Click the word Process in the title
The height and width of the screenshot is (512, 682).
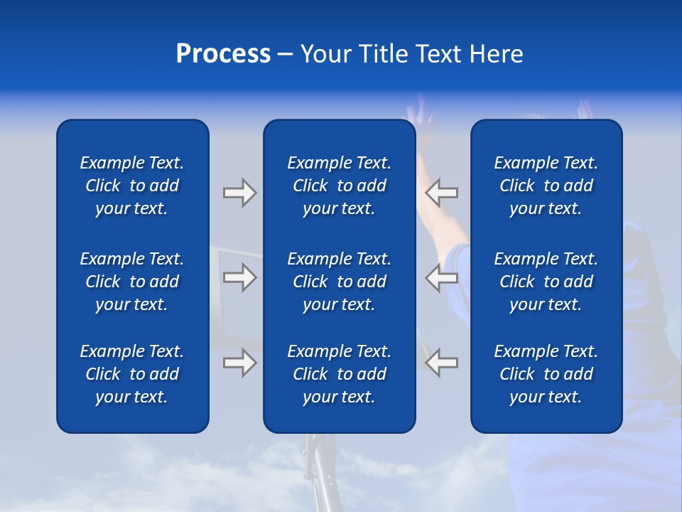223,54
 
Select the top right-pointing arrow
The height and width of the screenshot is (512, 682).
239,192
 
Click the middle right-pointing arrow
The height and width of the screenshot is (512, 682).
239,277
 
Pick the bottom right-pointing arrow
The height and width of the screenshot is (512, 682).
239,363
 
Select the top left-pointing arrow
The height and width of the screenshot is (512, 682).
441,192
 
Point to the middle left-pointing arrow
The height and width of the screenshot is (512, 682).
441,277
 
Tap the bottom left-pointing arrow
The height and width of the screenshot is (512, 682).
441,363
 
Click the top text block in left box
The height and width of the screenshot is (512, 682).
132,186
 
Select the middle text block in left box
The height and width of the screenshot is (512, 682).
132,282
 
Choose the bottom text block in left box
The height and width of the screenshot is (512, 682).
132,374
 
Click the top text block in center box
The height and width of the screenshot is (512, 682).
339,186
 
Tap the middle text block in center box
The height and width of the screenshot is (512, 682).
339,282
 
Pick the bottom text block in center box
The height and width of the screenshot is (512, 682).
339,374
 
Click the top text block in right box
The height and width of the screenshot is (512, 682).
546,186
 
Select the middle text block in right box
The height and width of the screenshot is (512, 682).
546,282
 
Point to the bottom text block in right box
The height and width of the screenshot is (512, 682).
546,374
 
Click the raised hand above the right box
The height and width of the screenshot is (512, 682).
585,110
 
